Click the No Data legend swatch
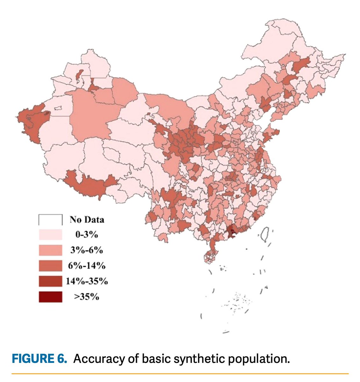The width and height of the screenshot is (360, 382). [x=50, y=220]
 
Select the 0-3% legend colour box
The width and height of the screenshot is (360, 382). [x=50, y=235]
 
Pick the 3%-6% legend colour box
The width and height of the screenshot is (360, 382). [x=50, y=250]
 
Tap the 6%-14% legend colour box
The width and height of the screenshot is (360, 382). [x=50, y=265]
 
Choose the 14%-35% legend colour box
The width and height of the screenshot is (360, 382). [x=50, y=281]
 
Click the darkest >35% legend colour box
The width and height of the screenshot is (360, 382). [x=50, y=297]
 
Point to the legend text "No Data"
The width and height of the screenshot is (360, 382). [x=87, y=220]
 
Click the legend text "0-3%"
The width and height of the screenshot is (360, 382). [x=87, y=235]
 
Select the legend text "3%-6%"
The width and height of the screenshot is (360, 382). [x=87, y=250]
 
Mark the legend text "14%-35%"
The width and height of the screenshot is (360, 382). [x=87, y=281]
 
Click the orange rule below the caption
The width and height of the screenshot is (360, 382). [x=180, y=373]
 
